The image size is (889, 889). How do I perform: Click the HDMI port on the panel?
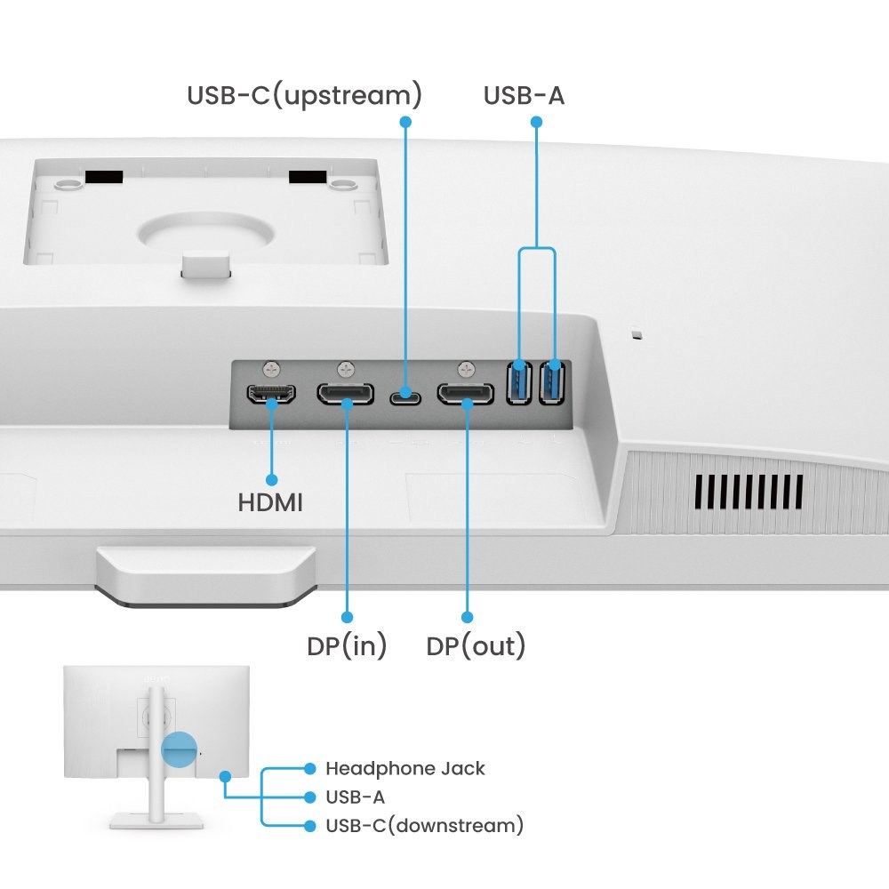(271, 395)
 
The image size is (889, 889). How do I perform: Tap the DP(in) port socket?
(345, 395)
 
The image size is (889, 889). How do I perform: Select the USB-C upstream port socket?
(405, 394)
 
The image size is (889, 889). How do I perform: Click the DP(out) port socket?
(465, 394)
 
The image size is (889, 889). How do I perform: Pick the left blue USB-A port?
(518, 381)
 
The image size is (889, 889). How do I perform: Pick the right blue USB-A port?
(552, 381)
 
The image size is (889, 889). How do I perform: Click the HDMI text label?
(270, 503)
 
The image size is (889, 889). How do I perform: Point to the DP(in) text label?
(347, 646)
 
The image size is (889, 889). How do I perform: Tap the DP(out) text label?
(476, 646)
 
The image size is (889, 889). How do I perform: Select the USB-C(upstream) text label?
(304, 95)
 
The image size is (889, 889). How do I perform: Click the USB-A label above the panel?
(524, 95)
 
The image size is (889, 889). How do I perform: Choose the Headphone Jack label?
(404, 768)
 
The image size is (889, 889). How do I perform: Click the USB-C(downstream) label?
(424, 826)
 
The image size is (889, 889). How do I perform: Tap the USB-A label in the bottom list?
(355, 797)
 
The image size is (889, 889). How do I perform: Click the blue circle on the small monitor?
(178, 749)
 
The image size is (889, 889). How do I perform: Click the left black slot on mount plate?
(104, 178)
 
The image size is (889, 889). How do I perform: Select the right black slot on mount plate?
(308, 178)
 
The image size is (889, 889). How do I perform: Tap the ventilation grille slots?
(749, 492)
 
